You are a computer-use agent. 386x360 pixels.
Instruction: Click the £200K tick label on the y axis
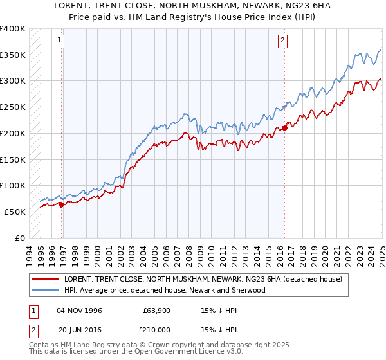(x=13, y=133)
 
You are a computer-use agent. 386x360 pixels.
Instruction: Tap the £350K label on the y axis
(x=13, y=55)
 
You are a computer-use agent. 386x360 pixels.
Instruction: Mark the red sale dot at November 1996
(x=62, y=204)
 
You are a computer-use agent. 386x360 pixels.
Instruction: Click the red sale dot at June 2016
(x=285, y=128)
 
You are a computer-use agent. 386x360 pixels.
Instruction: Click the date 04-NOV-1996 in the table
(x=80, y=310)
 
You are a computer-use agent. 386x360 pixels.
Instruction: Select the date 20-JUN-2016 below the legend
(x=80, y=329)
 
